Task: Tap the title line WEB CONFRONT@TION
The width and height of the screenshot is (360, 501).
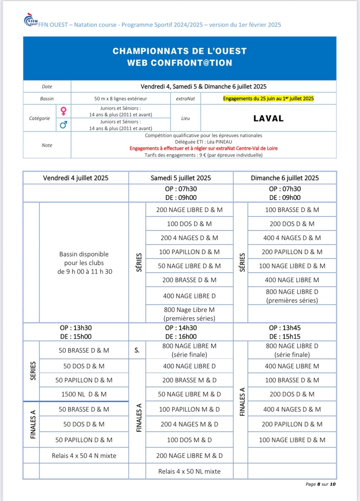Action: point(179,63)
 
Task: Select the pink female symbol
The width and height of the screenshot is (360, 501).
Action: point(64,111)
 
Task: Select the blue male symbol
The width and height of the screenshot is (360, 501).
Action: point(64,124)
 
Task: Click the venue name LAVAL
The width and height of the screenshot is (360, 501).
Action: point(268,118)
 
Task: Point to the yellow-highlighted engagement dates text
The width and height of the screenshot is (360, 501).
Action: point(268,99)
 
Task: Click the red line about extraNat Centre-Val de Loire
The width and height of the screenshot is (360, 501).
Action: point(204,148)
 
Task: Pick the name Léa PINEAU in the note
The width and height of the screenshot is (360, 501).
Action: point(215,142)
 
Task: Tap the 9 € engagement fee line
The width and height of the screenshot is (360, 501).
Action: point(204,155)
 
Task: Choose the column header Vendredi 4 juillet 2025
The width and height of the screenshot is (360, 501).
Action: point(76,178)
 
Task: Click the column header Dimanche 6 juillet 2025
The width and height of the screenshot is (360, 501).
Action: point(285,178)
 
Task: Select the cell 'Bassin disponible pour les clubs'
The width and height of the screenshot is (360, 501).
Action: point(84,263)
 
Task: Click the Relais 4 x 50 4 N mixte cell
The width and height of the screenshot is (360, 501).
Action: point(84,455)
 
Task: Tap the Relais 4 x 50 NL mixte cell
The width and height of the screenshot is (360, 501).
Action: point(189,471)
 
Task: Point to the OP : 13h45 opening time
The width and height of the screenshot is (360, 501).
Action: point(285,328)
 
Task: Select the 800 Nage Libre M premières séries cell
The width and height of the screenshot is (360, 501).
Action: point(189,314)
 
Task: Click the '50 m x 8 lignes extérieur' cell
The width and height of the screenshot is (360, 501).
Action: point(121,99)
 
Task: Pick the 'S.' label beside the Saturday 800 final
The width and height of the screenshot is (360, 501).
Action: point(137,351)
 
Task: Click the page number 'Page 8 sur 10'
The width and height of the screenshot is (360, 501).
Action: point(320,484)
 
